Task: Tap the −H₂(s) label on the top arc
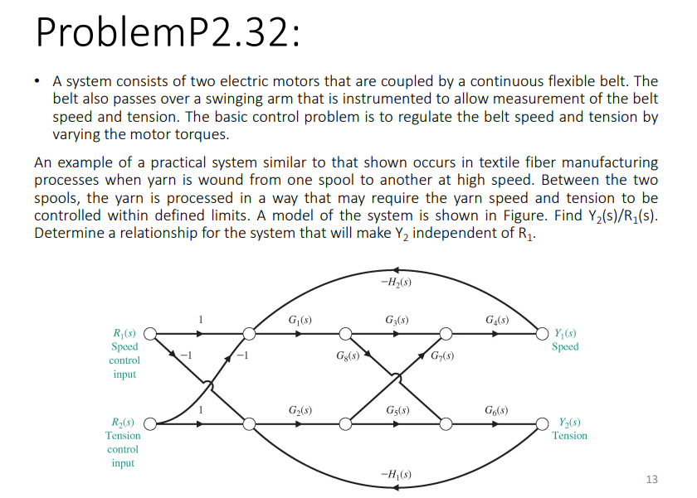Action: point(397,283)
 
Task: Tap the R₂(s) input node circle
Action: point(151,424)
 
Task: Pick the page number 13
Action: point(651,479)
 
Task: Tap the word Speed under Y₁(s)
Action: point(565,346)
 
